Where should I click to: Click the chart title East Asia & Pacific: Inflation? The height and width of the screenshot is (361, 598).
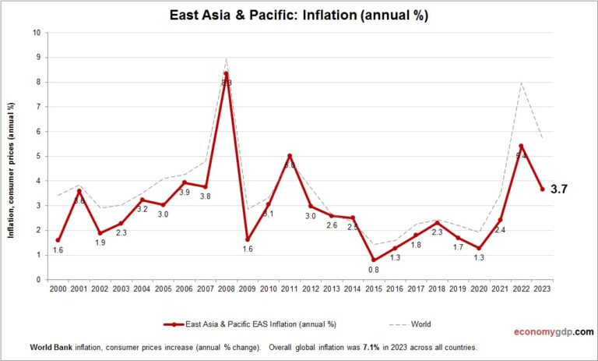coord(299,15)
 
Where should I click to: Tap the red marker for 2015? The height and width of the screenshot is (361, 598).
coord(373,260)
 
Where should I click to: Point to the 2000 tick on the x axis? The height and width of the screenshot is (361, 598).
coord(58,289)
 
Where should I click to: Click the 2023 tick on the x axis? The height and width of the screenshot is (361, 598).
coord(542,289)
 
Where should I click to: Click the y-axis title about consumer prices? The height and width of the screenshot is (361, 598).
coord(12,157)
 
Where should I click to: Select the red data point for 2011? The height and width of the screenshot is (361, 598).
coord(289,156)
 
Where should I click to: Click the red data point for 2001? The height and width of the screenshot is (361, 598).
coord(79,191)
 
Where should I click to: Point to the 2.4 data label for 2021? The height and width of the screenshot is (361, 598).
coord(500,230)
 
